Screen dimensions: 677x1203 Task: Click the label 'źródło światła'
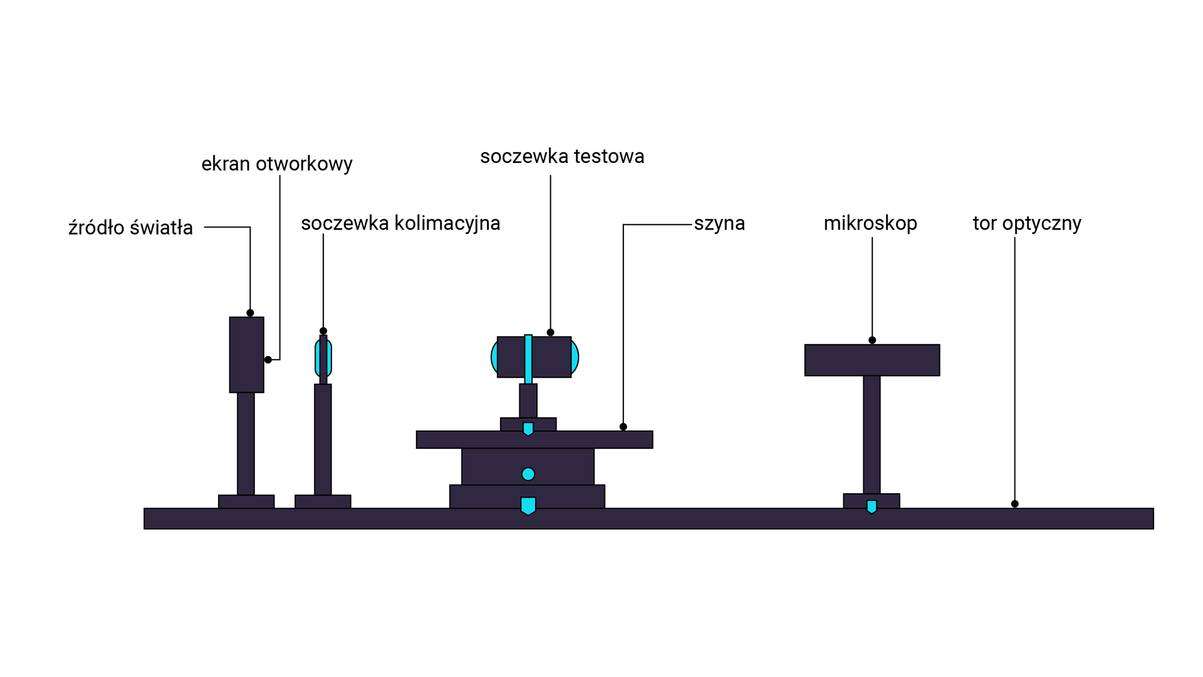click(x=130, y=228)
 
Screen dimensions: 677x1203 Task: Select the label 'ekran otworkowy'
click(x=276, y=164)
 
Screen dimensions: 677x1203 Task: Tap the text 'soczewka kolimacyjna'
click(x=400, y=223)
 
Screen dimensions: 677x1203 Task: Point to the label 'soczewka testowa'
click(x=562, y=156)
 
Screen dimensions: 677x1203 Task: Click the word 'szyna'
click(x=719, y=223)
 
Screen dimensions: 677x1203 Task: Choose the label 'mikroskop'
click(x=870, y=223)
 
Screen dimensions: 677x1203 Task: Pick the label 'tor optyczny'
click(x=1026, y=223)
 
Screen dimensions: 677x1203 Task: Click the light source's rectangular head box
click(x=246, y=355)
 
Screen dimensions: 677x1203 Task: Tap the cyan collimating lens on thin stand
click(x=323, y=358)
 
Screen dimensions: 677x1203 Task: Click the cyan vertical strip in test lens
click(x=528, y=359)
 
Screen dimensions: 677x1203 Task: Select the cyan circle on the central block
click(x=528, y=474)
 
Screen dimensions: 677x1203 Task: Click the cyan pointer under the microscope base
click(x=872, y=506)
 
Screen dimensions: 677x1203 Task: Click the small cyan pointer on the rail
click(x=528, y=429)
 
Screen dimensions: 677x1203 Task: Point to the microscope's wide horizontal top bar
click(x=872, y=360)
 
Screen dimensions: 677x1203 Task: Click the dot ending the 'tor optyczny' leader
click(x=1014, y=504)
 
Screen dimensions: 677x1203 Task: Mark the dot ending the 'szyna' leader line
click(x=623, y=427)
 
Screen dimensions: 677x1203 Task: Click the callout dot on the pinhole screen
click(x=268, y=360)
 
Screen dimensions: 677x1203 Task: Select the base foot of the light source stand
click(x=246, y=501)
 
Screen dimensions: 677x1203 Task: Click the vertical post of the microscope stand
click(x=872, y=434)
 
